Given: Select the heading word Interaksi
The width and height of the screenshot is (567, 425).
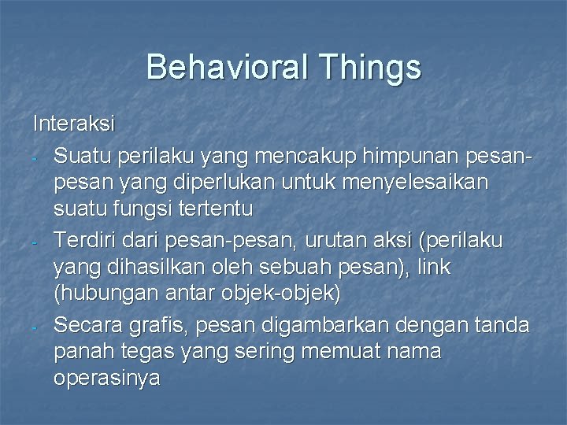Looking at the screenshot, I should (x=74, y=124).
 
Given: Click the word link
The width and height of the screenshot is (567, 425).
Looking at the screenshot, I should (x=435, y=267).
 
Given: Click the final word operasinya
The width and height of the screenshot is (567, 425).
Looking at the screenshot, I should (x=106, y=378).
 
